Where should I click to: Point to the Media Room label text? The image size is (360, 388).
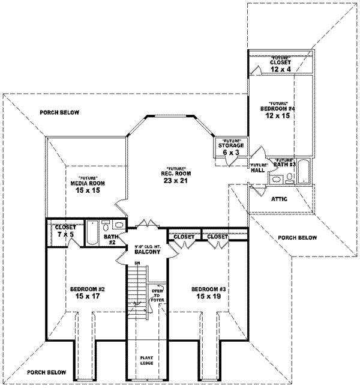(84, 183)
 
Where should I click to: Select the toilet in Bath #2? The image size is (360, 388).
(106, 226)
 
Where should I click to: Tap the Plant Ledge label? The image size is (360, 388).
(147, 360)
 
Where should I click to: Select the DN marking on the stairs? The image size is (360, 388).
(137, 262)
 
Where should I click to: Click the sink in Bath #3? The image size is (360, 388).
(277, 178)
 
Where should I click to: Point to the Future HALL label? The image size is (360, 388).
(259, 168)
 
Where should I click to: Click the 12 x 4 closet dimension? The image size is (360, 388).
(280, 69)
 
